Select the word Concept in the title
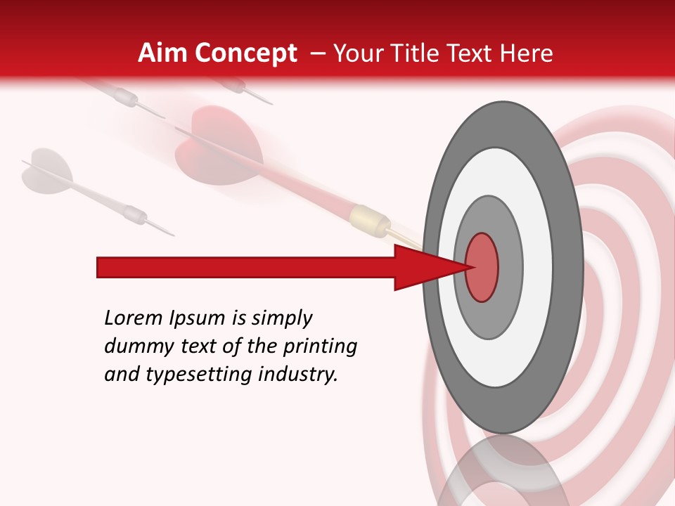coord(245,53)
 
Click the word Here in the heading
coord(527,53)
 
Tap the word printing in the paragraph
coord(320,347)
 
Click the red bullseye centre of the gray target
coord(482,267)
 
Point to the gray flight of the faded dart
coord(45,171)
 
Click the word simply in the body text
coord(281,319)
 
